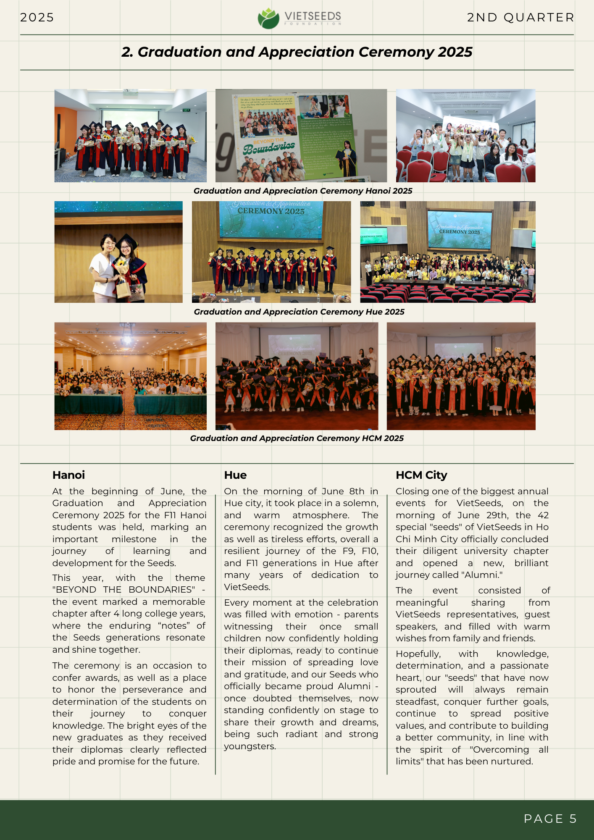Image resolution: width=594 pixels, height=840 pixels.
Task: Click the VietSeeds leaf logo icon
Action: (x=268, y=18)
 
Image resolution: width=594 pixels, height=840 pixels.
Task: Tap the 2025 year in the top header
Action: (x=37, y=17)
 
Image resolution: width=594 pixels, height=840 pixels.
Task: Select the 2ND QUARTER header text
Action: (x=520, y=17)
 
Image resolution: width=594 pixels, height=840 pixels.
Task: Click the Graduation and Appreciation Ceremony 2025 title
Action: (x=297, y=52)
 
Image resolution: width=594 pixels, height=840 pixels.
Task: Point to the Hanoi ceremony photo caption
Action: (x=302, y=191)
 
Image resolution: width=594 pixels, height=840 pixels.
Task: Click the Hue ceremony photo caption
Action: (x=299, y=312)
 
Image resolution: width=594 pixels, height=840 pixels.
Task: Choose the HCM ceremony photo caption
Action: (x=297, y=438)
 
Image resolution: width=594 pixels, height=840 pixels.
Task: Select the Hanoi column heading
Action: (x=68, y=475)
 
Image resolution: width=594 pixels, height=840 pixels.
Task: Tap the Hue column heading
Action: (x=235, y=475)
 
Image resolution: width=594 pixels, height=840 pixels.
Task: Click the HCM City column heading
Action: (x=421, y=475)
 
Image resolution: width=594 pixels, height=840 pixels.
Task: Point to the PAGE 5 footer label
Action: (x=550, y=819)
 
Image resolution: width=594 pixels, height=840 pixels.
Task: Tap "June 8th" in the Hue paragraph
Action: (x=343, y=491)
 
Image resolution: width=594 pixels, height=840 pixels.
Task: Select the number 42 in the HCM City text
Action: (x=543, y=515)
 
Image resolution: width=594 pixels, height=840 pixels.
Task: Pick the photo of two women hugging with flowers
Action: (x=118, y=252)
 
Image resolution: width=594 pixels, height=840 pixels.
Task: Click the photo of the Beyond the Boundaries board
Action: (x=301, y=135)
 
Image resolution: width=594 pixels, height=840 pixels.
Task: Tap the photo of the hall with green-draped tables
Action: (x=130, y=376)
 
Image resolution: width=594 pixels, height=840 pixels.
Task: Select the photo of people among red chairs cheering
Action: (x=465, y=135)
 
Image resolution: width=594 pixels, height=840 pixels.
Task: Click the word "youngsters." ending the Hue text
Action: (x=250, y=746)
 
